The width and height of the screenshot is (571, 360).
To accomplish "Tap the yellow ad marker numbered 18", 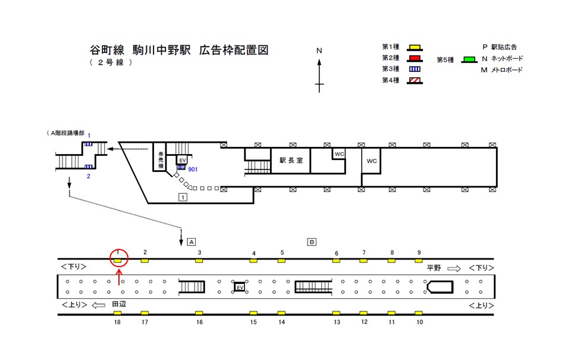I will click(x=117, y=313).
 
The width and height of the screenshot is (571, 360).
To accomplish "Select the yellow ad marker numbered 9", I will click(x=418, y=261).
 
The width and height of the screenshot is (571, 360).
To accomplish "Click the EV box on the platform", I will click(x=240, y=287).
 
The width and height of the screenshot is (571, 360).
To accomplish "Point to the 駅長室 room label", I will click(x=291, y=160).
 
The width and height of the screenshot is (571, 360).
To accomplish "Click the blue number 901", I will click(x=192, y=170).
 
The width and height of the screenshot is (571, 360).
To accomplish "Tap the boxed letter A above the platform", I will click(x=192, y=242).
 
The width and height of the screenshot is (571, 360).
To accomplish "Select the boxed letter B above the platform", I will click(x=312, y=242).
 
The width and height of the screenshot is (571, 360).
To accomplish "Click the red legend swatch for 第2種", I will click(x=415, y=58).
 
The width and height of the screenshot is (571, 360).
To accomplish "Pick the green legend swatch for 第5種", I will click(x=469, y=60).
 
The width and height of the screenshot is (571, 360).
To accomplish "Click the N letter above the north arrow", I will click(x=319, y=51).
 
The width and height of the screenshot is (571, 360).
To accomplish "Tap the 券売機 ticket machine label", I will click(x=161, y=159).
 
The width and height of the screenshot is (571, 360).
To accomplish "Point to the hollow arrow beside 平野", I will click(x=454, y=268).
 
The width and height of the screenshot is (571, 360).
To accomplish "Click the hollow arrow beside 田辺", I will click(x=98, y=305).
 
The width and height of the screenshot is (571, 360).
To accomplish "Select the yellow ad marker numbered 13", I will click(x=336, y=313).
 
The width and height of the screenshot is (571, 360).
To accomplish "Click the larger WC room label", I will click(x=372, y=161).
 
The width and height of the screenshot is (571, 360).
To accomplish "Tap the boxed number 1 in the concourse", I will click(x=183, y=196).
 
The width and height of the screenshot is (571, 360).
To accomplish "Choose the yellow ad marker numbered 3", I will click(x=199, y=261).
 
